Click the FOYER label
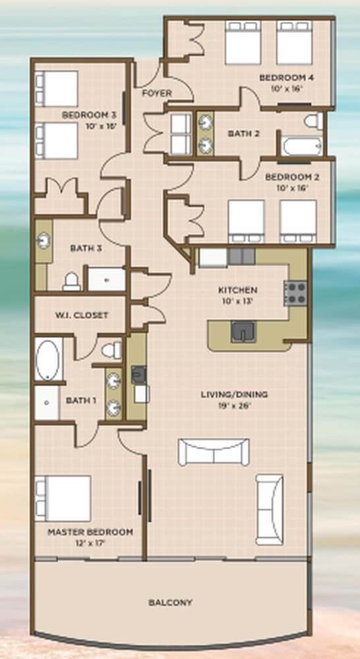point(156,93)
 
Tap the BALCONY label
point(170,602)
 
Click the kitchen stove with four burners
point(295,293)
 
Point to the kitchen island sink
point(243,332)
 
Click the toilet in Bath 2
point(313,121)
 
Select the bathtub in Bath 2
point(302,146)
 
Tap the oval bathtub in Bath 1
point(48,360)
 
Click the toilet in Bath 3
point(72,281)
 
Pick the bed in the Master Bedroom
point(63,498)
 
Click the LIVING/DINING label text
point(234,394)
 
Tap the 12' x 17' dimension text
point(90,543)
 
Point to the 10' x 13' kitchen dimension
point(237,301)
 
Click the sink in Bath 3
point(44,241)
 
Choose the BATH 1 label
point(80,401)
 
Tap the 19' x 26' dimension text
point(234,405)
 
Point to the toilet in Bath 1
point(112,350)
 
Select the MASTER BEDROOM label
point(90,532)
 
